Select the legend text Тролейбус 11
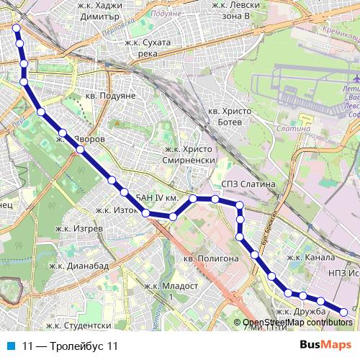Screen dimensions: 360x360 pos(71,346)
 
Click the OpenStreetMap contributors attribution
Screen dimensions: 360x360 pos(297,322)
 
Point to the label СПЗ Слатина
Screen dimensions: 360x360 pos(250,184)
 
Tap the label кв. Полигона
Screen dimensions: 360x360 pos(210,258)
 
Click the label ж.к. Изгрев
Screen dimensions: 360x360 pos(79,228)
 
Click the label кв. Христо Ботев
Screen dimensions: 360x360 pos(233,117)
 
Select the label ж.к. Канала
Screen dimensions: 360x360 pos(311,257)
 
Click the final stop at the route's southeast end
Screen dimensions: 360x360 pos(343,312)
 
